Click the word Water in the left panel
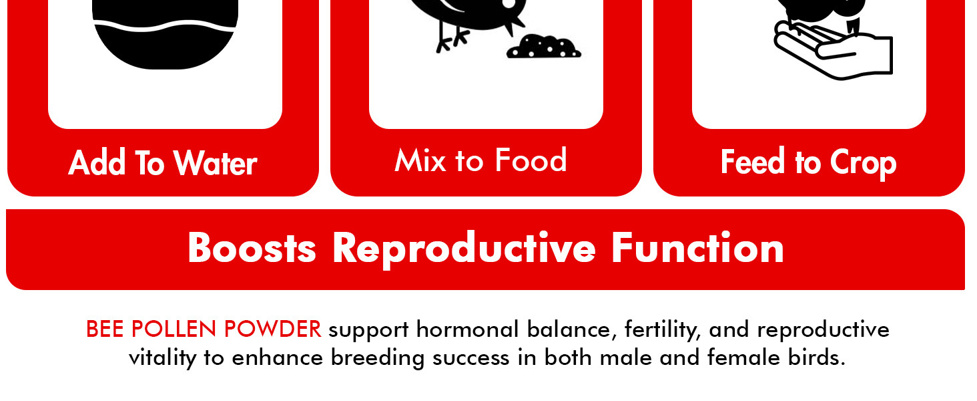[215, 164]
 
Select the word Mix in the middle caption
[420, 161]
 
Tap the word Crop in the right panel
[863, 164]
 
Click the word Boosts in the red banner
[252, 249]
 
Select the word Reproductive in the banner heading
[464, 249]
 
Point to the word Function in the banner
[697, 249]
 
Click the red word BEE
[105, 329]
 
